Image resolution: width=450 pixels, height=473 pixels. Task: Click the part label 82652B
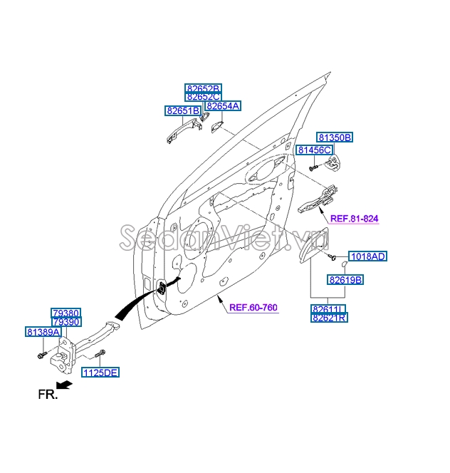point(203,88)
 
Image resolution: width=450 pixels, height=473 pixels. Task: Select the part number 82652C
point(203,97)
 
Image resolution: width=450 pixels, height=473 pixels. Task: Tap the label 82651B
point(183,111)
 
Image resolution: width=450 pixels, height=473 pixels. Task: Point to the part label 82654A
point(223,106)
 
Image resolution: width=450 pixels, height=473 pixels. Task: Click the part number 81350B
point(335,137)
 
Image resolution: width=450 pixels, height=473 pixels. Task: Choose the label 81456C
point(314,150)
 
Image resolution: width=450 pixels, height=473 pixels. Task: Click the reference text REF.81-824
point(353,219)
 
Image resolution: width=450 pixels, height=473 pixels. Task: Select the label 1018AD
point(367,256)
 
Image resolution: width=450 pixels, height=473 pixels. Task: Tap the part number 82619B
point(345,281)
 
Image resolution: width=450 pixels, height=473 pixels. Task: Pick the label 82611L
point(328,309)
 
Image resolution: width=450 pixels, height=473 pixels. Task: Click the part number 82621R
point(328,318)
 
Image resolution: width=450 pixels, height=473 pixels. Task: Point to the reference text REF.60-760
point(253,308)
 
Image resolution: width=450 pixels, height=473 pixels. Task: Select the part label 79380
point(66,313)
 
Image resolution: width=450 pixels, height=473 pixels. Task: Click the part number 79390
point(66,322)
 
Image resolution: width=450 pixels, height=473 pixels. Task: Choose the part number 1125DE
point(100,373)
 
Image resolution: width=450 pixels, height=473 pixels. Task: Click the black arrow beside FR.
point(64,385)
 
